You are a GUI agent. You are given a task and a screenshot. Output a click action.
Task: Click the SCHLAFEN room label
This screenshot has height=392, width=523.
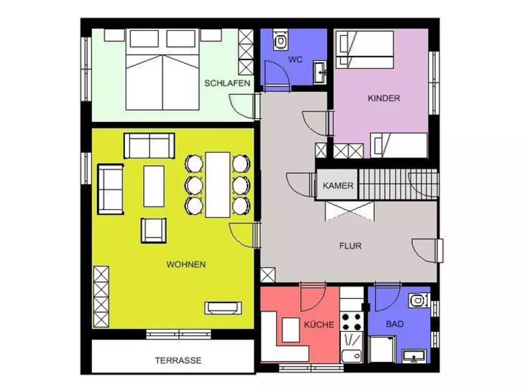click(227, 83)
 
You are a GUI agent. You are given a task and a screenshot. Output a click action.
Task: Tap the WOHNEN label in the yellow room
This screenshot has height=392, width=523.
click(186, 264)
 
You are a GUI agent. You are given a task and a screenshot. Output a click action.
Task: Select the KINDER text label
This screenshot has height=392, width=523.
click(384, 98)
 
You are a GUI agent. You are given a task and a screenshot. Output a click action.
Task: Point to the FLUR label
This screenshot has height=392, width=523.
click(350, 246)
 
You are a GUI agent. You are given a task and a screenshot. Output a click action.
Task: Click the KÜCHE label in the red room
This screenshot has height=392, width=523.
click(319, 324)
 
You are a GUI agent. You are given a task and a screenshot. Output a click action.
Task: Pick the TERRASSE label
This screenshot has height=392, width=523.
click(178, 360)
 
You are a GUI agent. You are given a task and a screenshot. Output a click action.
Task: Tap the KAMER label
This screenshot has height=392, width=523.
click(338, 186)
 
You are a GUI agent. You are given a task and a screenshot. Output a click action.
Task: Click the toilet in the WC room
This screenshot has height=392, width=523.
click(281, 40)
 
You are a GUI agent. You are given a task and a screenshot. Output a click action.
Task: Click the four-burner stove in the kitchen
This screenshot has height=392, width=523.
click(351, 321)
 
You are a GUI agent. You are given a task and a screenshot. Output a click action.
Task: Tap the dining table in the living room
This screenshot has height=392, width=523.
click(217, 185)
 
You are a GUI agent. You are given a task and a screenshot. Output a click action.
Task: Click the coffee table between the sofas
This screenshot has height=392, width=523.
click(154, 186)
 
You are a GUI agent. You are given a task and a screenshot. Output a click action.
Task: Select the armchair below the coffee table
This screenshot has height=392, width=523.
click(154, 230)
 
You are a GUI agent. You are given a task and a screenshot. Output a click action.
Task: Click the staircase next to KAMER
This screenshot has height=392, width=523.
click(397, 184)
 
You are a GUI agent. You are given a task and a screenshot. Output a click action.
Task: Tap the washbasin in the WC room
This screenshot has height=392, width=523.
click(320, 72)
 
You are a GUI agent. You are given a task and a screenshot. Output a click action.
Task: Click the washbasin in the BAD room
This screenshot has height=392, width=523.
click(414, 356)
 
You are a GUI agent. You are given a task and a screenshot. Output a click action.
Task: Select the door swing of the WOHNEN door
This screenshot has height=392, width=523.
click(241, 236)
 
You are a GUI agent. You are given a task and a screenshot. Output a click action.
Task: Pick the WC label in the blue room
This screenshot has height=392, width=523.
click(295, 59)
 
